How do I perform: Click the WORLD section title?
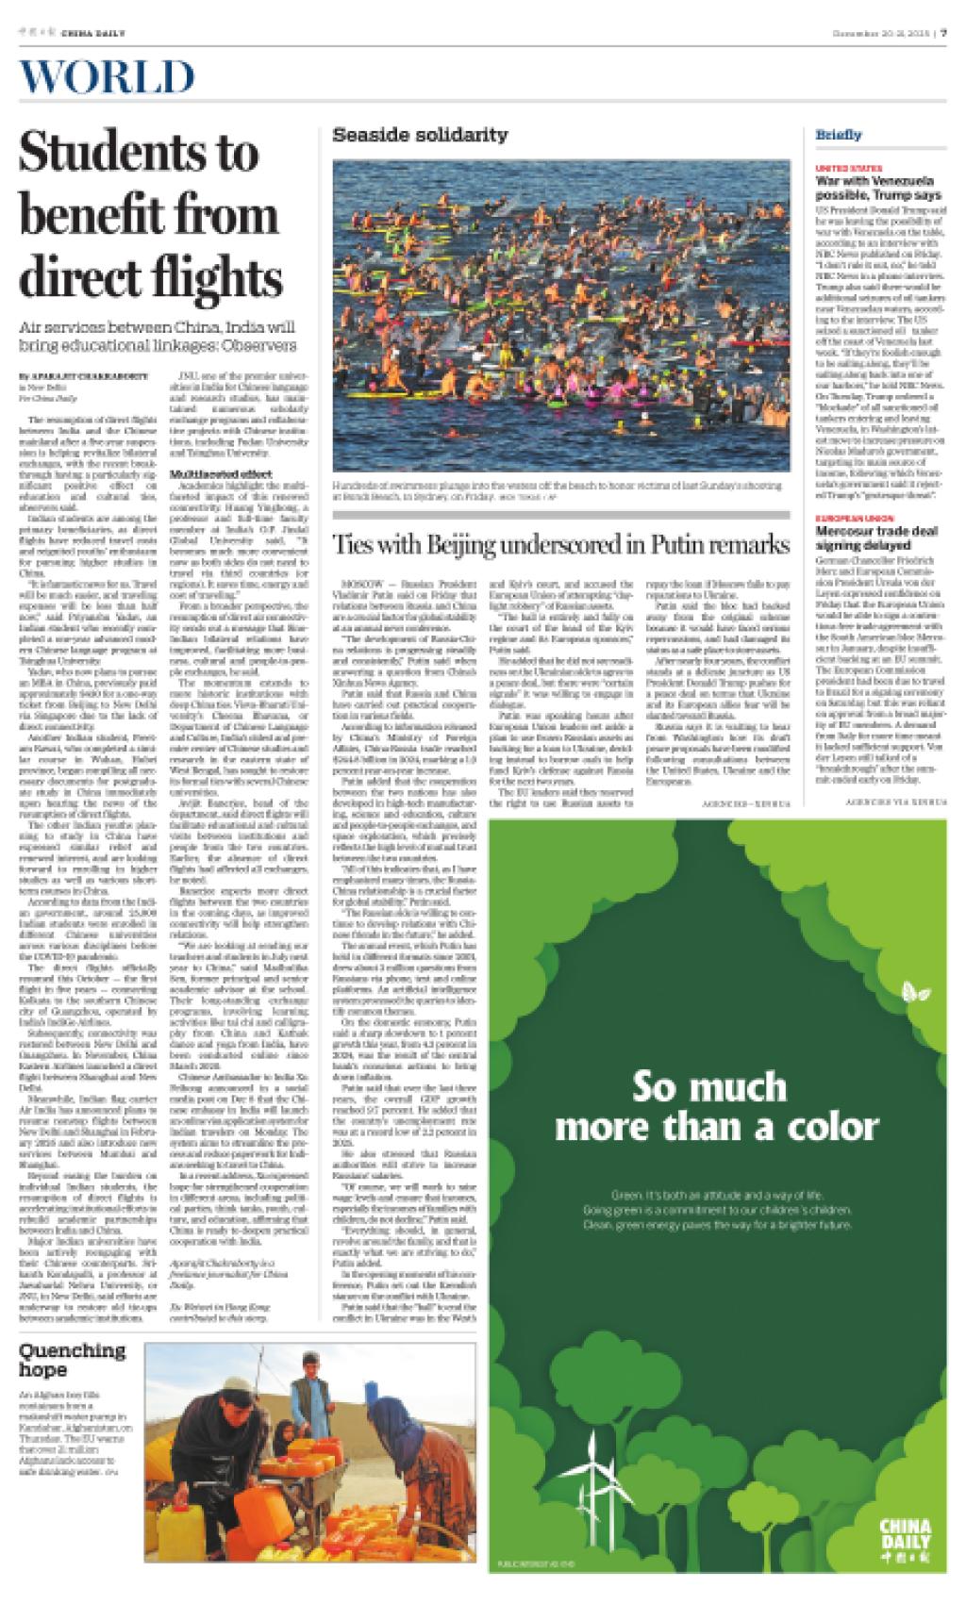[106, 78]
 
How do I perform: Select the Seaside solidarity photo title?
[420, 136]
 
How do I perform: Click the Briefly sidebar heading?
[839, 135]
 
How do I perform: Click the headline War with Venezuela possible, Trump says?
[878, 187]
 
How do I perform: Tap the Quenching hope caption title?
[72, 1359]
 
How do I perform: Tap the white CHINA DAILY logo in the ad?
[904, 1537]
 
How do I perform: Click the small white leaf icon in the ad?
[912, 990]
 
